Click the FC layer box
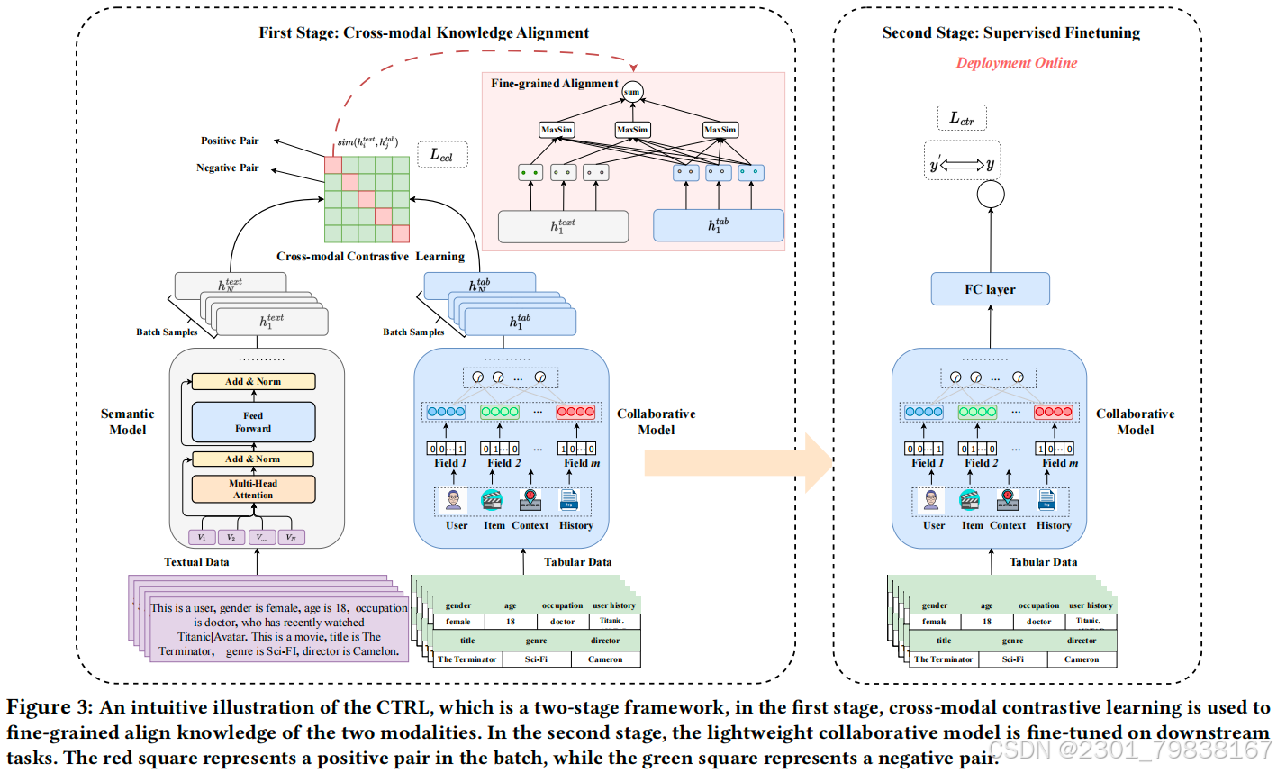coord(990,289)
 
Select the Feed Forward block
coord(253,422)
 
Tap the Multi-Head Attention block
coord(253,489)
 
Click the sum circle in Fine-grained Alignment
coord(632,91)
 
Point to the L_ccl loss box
coord(441,155)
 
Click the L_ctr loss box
coord(962,118)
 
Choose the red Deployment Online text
coord(1016,63)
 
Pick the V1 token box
coord(202,537)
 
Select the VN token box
coord(290,537)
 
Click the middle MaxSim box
coord(632,130)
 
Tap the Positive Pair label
coord(230,141)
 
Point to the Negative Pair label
coord(227,168)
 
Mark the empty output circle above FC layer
coord(991,194)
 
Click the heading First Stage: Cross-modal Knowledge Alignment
coord(424,33)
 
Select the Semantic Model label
coord(127,422)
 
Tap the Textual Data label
coord(196,562)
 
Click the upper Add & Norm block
coord(253,382)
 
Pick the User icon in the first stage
coord(455,501)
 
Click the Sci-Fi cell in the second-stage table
coord(1012,659)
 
